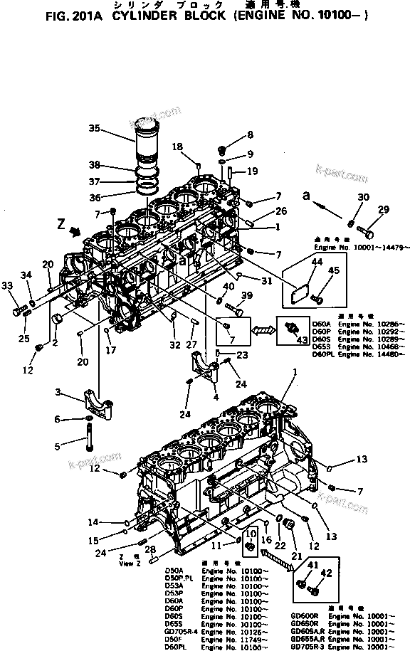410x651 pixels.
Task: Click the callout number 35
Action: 115,129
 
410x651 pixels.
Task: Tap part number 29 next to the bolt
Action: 384,209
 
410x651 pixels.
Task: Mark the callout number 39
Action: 246,295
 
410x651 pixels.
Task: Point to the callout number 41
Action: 311,565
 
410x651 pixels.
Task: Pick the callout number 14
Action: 93,523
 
